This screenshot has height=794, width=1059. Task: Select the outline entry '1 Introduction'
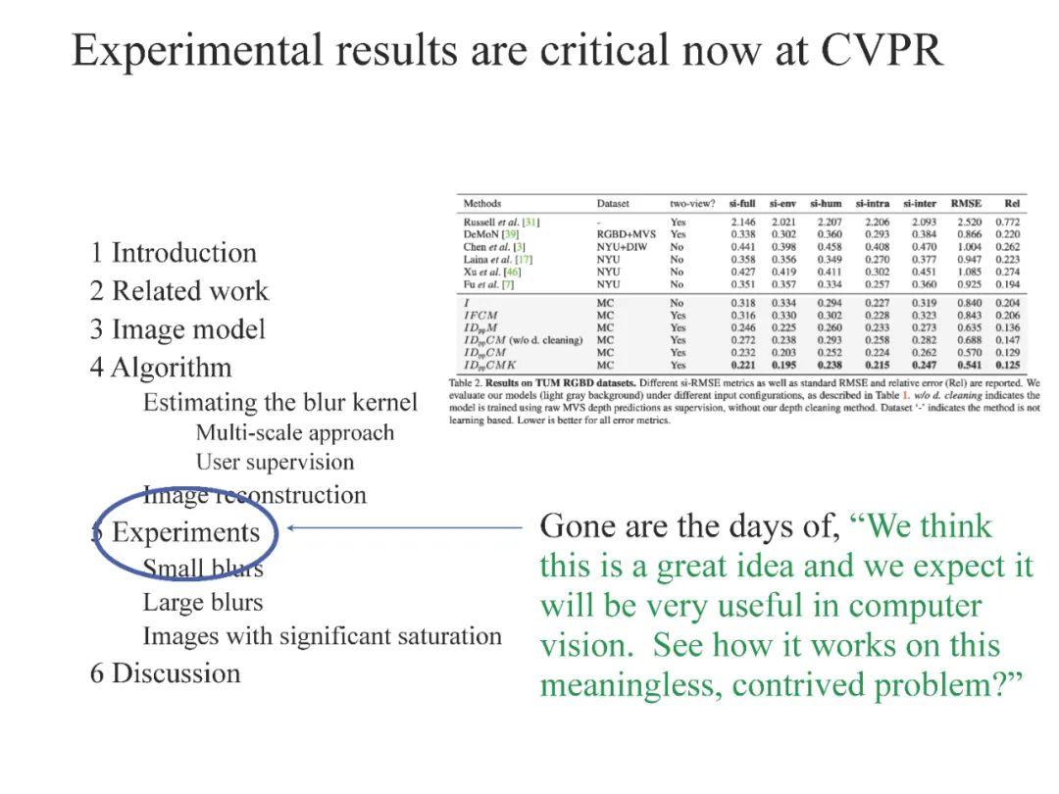pos(174,253)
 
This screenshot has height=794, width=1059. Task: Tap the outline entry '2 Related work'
pos(179,291)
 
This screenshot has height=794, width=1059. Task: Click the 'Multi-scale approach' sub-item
pos(295,432)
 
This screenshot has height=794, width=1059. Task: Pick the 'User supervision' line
pos(275,462)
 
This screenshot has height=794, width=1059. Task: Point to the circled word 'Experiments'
pos(186,532)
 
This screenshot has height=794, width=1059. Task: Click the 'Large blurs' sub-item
pos(203,602)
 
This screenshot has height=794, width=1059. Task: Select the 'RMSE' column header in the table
pos(966,204)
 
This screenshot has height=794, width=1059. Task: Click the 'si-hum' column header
pos(826,204)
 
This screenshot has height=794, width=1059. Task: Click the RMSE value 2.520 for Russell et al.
pos(969,223)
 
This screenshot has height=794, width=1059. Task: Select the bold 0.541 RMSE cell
pos(969,366)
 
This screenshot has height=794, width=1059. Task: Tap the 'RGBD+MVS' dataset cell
pos(627,235)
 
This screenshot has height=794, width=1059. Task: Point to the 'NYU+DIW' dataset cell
pos(622,247)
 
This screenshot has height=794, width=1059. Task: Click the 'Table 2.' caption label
pos(469,382)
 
